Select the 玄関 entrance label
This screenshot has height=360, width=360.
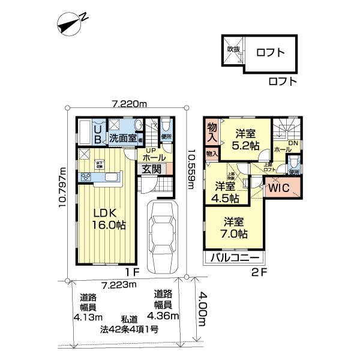pos(151,169)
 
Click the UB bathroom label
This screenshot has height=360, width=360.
pos(98,131)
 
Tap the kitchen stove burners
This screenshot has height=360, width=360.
pos(84,177)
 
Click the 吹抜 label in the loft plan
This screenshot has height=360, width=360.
pos(233,50)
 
